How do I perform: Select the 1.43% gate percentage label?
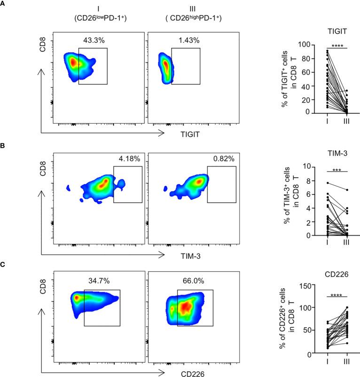coord(187,41)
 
